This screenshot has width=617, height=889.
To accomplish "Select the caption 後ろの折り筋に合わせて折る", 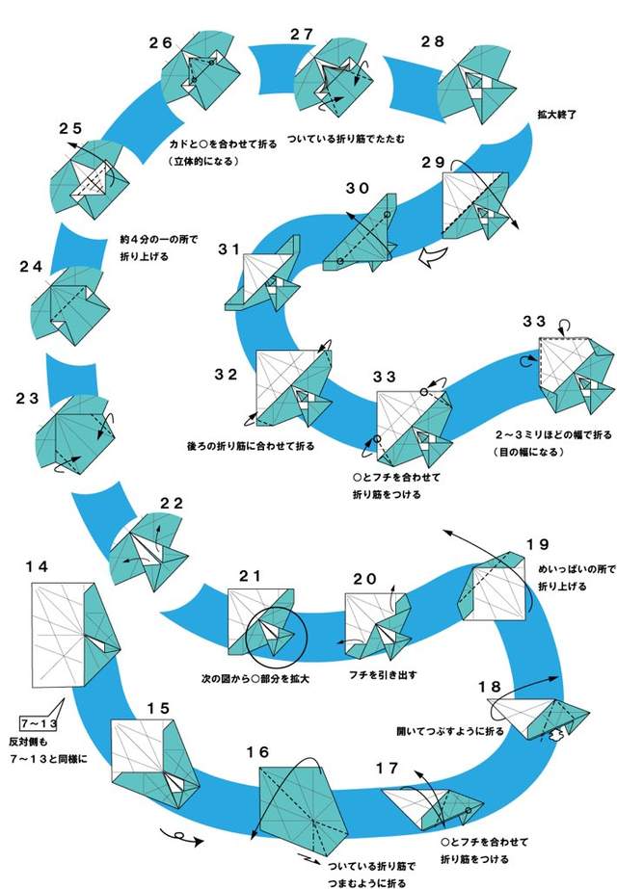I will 250,446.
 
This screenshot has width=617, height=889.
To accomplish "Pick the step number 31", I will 228,248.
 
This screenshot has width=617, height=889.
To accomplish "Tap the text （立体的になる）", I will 203,160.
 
